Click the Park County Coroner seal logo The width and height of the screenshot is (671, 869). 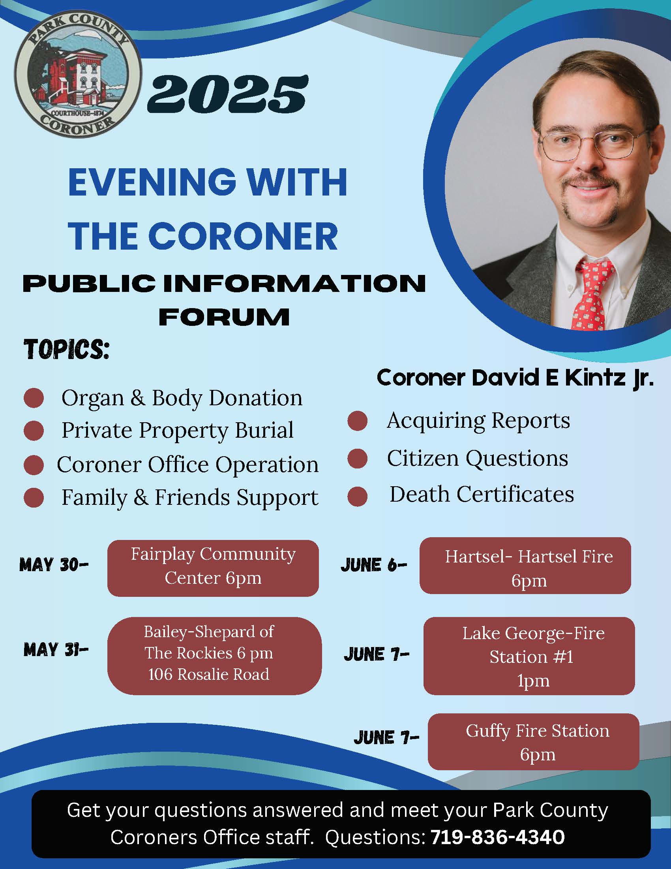click(78, 74)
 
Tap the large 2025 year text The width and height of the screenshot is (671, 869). click(228, 94)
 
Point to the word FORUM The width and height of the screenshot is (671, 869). click(224, 317)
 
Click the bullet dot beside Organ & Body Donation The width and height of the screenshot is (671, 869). click(34, 398)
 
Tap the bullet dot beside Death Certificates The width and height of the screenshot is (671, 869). click(357, 496)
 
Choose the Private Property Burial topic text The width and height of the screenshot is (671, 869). click(178, 430)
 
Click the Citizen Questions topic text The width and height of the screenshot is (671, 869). click(478, 458)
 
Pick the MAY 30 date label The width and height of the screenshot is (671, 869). click(54, 565)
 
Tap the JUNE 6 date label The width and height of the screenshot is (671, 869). click(374, 565)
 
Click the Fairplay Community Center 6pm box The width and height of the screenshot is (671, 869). click(213, 568)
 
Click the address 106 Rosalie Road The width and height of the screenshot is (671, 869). click(209, 674)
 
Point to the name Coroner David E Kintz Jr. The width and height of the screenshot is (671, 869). click(515, 378)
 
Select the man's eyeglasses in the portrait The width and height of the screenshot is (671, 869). click(595, 146)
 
